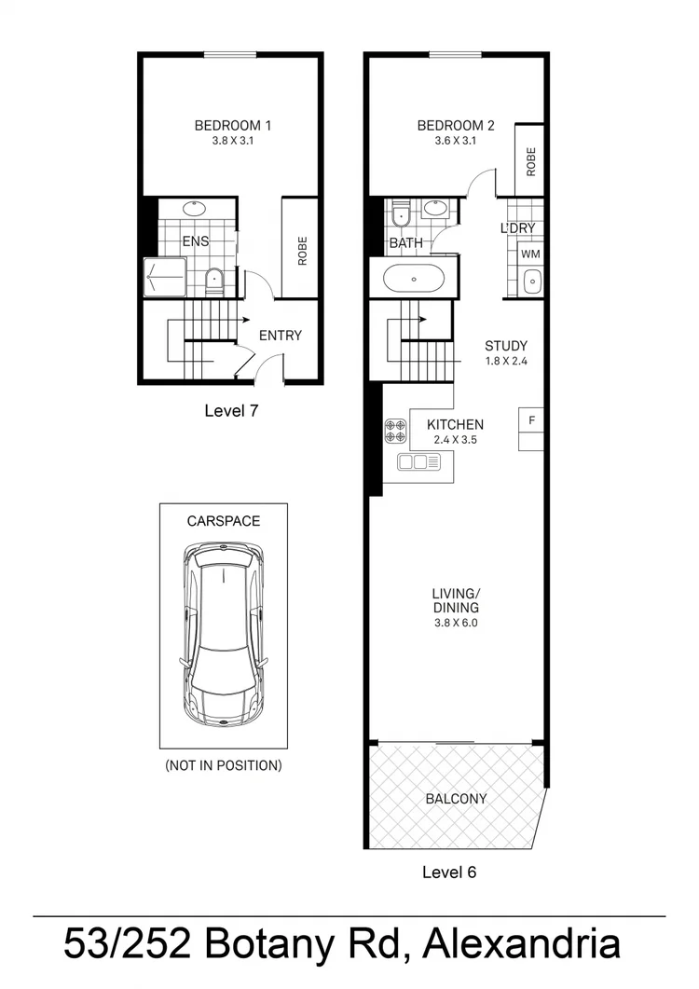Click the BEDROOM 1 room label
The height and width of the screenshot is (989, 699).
point(232,126)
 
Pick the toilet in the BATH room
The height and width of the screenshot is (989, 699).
point(402,214)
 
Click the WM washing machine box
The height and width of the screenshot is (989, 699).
point(530,254)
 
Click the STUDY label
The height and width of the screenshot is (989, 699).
point(506,346)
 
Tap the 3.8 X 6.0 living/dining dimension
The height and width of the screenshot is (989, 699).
point(455,624)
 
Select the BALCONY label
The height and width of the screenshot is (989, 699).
point(456,799)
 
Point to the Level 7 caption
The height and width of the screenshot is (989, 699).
point(231,410)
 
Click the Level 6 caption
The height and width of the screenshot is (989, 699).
point(449,872)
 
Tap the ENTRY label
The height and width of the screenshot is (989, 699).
point(281,336)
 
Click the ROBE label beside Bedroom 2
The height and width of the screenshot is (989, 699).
point(530,161)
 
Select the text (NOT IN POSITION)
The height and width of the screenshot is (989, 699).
point(224,766)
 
